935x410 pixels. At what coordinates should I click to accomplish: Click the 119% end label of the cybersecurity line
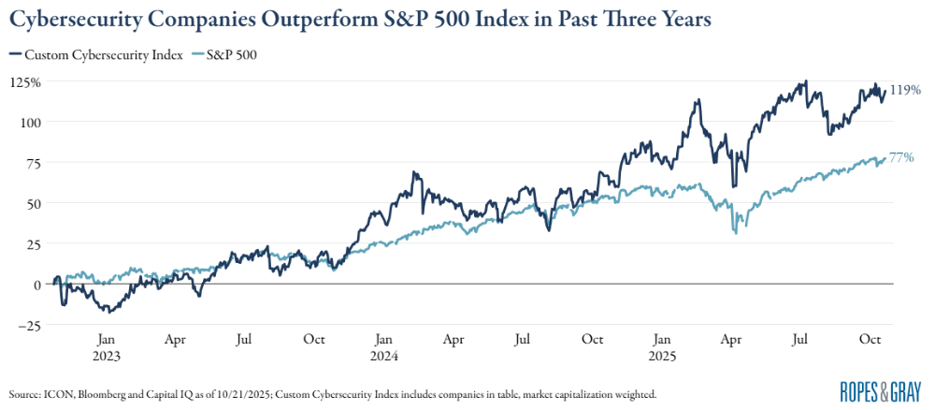[x=906, y=90]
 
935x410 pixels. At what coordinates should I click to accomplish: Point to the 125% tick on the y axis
[x=25, y=81]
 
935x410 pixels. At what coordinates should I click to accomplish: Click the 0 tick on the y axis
[x=36, y=284]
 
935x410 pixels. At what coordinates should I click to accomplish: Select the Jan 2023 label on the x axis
[x=106, y=348]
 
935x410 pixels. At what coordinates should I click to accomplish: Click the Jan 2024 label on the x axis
[x=383, y=348]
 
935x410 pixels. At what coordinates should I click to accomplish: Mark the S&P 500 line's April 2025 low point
[x=737, y=232]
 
